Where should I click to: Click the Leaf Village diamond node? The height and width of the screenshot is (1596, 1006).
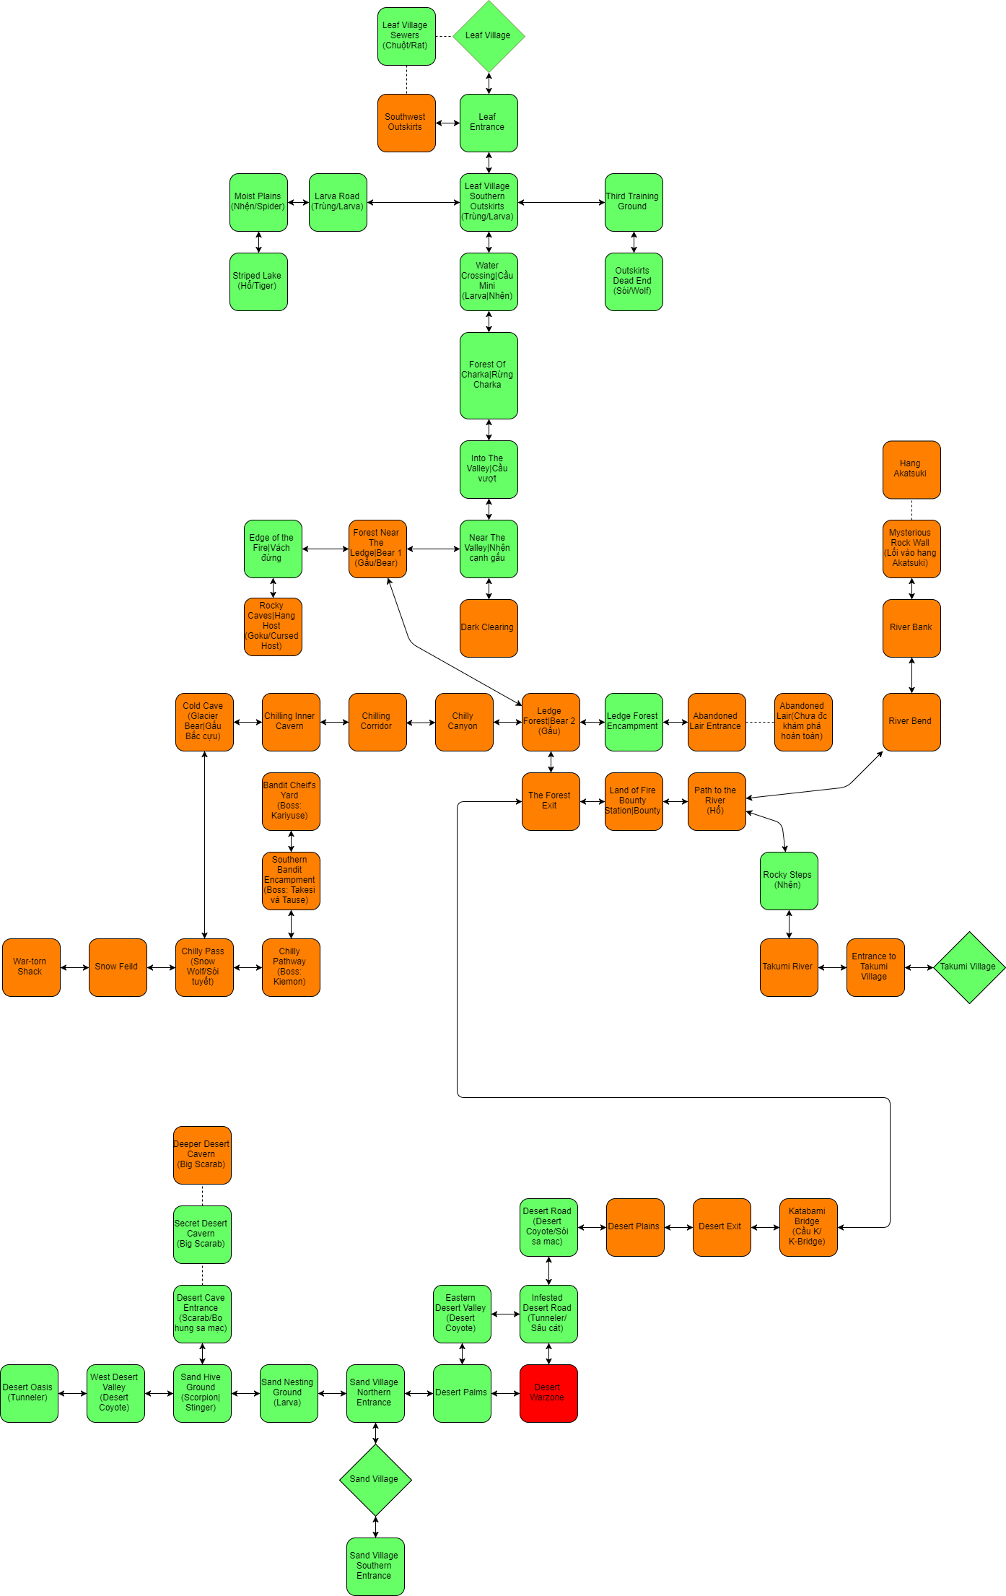[x=489, y=36]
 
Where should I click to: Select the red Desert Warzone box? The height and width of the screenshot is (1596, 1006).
[x=548, y=1393]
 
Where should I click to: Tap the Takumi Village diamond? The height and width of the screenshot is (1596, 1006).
[x=968, y=967]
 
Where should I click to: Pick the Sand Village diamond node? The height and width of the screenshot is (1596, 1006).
[x=375, y=1479]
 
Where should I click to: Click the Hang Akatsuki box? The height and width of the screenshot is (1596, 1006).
[x=911, y=469]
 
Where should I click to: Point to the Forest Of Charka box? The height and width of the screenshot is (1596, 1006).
[x=489, y=375]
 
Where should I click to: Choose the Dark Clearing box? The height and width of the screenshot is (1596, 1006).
[x=489, y=628]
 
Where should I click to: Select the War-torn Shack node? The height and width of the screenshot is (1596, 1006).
[x=31, y=967]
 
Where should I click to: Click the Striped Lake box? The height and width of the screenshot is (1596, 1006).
[x=258, y=282]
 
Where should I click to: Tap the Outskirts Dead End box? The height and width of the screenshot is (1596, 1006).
[x=634, y=282]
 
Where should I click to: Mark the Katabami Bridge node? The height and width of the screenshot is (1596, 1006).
[x=808, y=1227]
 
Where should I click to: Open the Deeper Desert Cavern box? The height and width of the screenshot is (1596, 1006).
[x=202, y=1155]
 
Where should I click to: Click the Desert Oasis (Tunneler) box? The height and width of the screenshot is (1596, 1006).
[x=29, y=1393]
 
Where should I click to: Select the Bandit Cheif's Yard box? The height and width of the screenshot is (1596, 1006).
[x=291, y=801]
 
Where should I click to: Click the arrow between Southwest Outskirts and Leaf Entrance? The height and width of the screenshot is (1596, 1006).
[x=447, y=123]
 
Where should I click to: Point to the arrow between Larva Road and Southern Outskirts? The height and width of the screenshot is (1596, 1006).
[x=413, y=202]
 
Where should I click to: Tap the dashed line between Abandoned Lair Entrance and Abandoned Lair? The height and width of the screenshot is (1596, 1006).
[x=760, y=722]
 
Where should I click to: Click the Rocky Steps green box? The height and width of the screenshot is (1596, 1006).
[x=789, y=881]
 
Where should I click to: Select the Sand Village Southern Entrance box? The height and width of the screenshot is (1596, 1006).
[x=375, y=1566]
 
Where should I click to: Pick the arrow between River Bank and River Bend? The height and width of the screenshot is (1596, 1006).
[x=911, y=675]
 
